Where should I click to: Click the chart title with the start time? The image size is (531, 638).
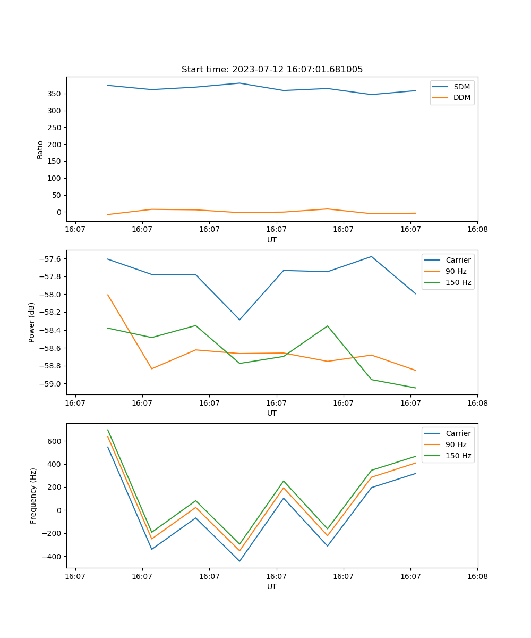[x=272, y=70]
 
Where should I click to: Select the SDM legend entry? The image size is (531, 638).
[x=461, y=87]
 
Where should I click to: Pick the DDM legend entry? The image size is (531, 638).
[x=461, y=97]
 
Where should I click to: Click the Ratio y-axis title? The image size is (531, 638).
[x=40, y=149]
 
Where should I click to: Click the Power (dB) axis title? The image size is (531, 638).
[x=32, y=322]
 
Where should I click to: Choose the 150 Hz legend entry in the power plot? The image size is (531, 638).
[x=458, y=282]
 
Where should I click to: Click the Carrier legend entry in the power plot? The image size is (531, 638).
[x=458, y=260]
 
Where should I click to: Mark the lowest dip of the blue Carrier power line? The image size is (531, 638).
[x=239, y=320]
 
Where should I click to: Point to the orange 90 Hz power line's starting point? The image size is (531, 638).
[x=108, y=295]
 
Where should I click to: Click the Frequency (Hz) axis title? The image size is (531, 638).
[x=33, y=496]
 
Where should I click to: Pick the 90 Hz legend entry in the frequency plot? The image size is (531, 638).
[x=456, y=444]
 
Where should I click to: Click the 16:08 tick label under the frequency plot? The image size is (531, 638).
[x=477, y=576]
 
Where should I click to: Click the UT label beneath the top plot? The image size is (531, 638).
[x=272, y=240]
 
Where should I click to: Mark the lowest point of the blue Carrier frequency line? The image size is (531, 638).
[x=239, y=561]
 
